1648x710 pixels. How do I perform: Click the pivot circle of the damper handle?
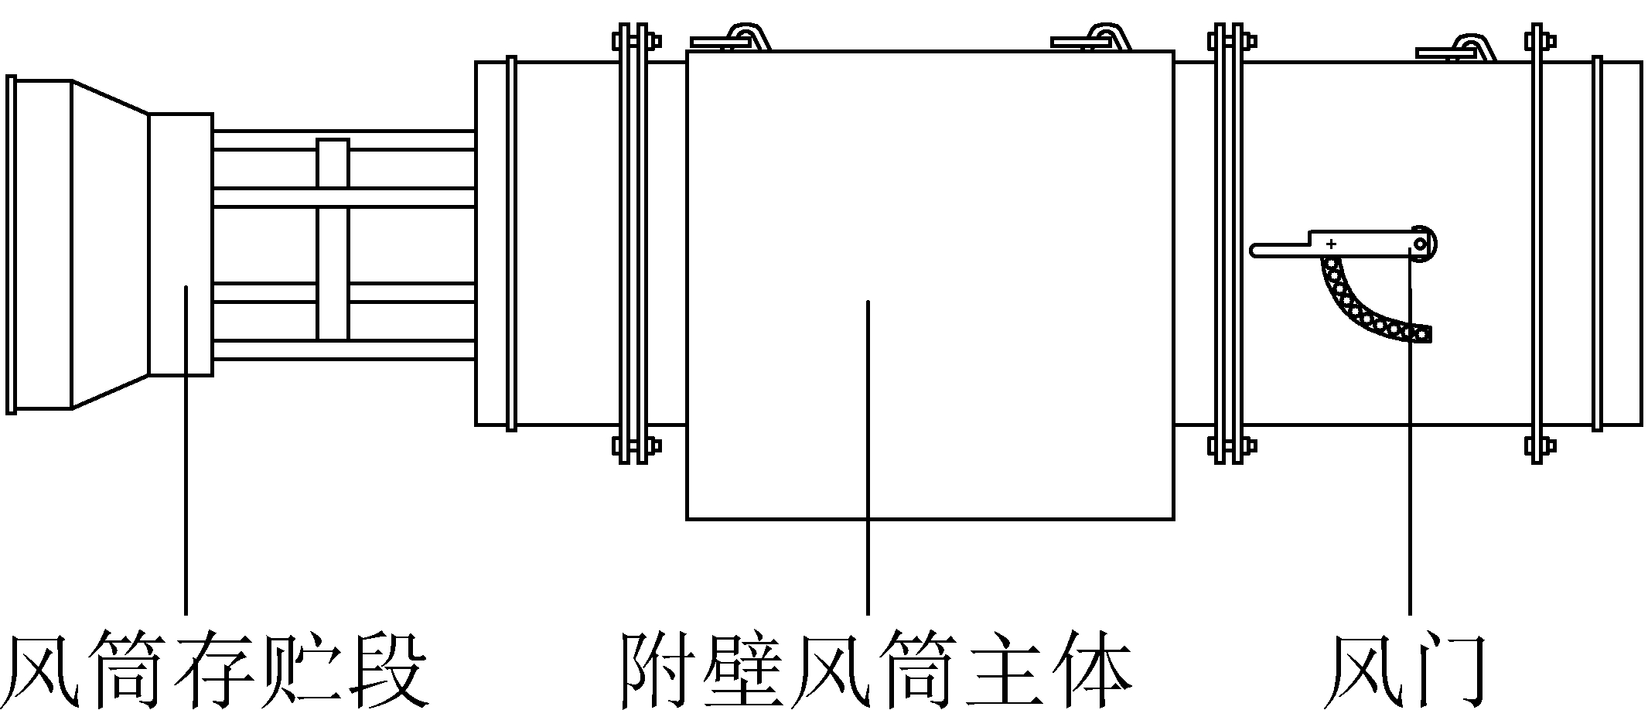pos(1421,244)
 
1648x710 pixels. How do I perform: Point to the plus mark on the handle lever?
pos(1331,244)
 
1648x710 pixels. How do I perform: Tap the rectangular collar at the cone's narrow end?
pos(181,244)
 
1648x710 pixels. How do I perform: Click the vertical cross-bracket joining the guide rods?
pos(333,240)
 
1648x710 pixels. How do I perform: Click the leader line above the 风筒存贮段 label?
pos(186,449)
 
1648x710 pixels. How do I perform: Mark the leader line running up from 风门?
pos(1411,464)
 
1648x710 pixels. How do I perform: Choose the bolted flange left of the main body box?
pos(630,244)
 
